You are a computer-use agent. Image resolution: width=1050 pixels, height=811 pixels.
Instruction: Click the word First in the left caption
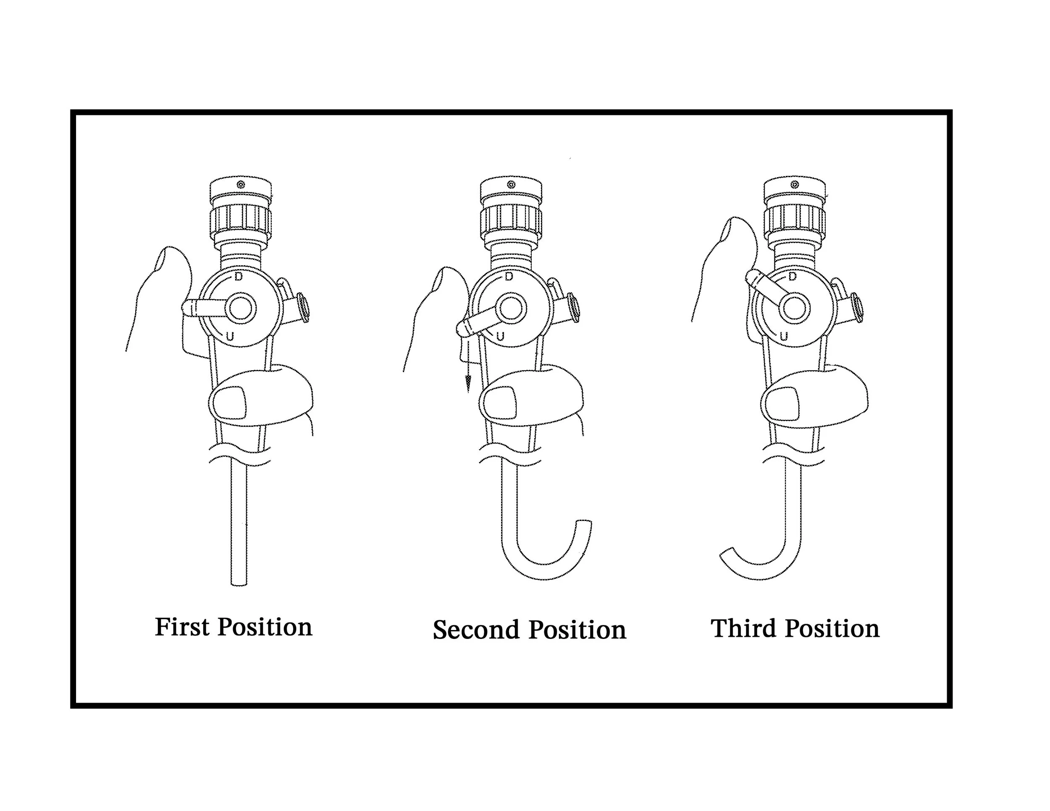[x=182, y=627]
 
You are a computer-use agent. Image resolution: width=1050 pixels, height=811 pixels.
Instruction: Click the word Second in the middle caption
[x=476, y=630]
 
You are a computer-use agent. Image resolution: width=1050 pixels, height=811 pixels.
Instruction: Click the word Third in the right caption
[x=745, y=628]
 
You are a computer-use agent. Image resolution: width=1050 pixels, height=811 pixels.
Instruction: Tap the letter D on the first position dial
[x=239, y=277]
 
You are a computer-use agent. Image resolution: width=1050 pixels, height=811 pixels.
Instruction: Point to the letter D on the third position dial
[x=792, y=277]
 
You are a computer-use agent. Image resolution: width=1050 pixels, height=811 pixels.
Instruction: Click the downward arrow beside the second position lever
[x=468, y=382]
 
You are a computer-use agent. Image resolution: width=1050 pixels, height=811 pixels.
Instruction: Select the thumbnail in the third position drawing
[x=782, y=403]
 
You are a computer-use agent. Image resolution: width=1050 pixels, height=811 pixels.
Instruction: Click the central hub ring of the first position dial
[x=240, y=308]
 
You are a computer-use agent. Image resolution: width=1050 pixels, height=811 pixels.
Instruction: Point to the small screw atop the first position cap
[x=241, y=185]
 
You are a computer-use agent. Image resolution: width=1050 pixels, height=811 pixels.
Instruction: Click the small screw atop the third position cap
[x=795, y=185]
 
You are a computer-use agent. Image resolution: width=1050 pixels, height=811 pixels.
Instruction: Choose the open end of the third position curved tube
[x=726, y=552]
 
